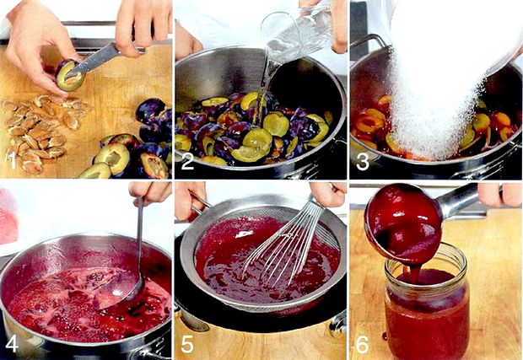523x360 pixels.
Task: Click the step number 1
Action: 12,161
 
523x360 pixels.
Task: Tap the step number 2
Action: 187,162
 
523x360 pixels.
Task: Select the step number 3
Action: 363,162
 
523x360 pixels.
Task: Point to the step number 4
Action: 11,344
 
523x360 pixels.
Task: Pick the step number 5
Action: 187,344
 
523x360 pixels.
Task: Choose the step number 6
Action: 363,344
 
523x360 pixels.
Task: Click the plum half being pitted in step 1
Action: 70,75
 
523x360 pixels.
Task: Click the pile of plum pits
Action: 41,130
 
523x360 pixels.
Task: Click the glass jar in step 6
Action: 427,302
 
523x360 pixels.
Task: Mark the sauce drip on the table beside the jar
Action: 385,336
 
